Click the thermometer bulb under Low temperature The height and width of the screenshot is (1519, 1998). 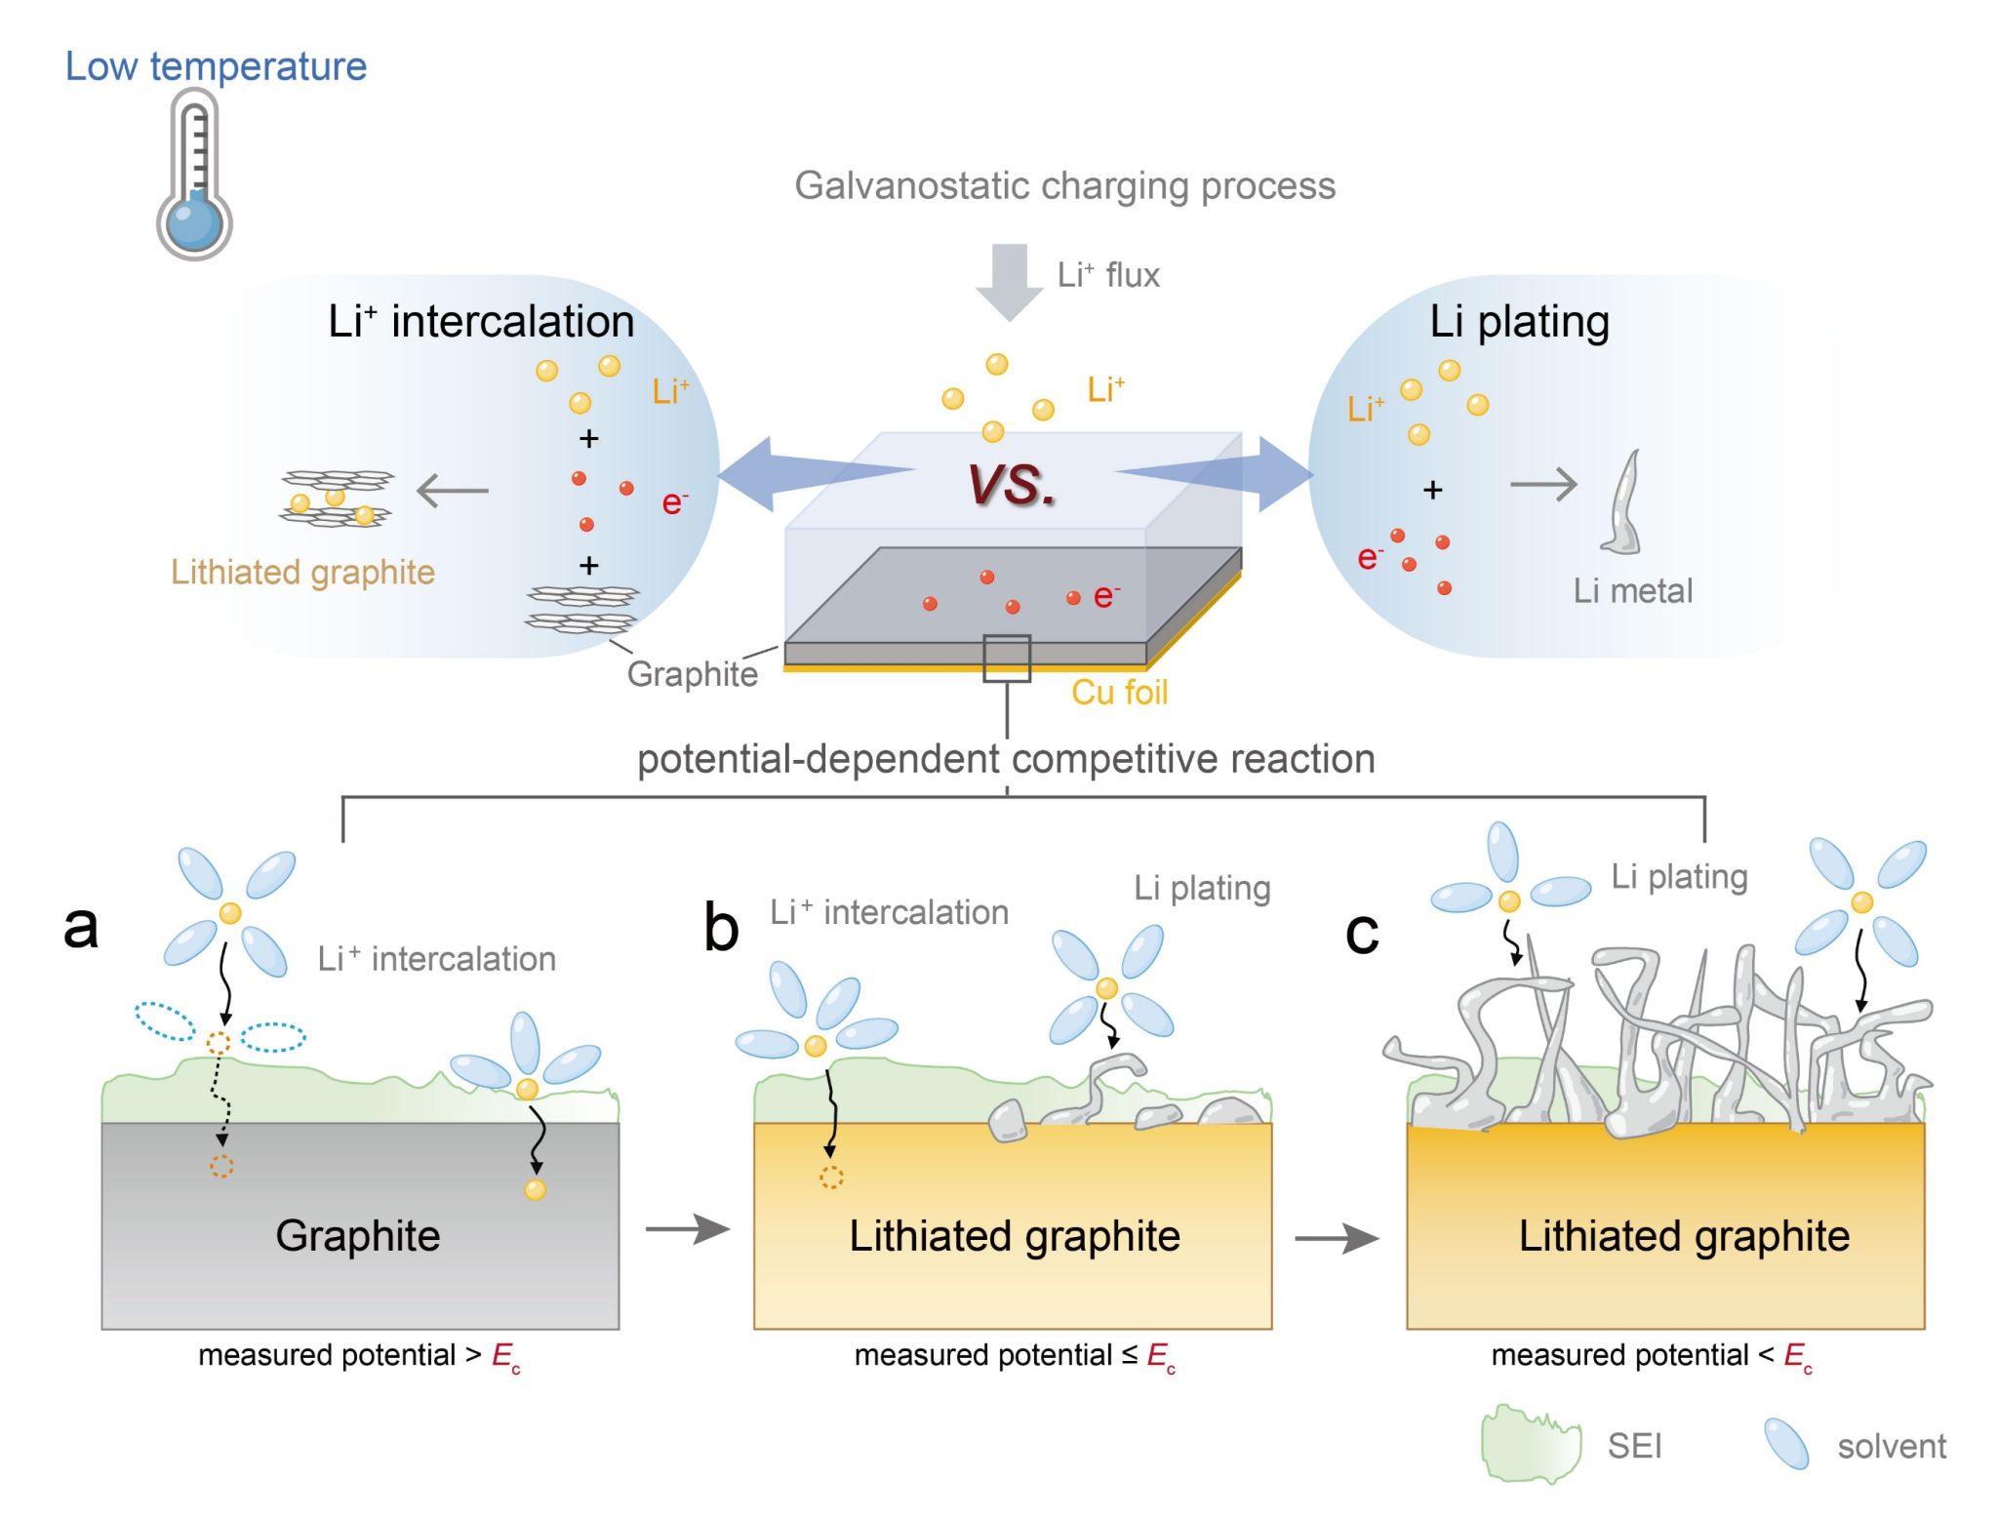coord(194,222)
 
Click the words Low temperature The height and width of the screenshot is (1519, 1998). coord(216,66)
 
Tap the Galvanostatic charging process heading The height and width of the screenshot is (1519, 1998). coord(1064,185)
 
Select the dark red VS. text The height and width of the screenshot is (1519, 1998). coord(1012,484)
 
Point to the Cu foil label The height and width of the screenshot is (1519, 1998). coord(1119,692)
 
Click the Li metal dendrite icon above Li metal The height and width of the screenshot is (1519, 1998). coord(1622,503)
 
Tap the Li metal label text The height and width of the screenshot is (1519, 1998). coord(1632,590)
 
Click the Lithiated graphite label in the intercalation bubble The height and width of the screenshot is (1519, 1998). coord(302,572)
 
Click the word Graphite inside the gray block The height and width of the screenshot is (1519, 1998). coord(358,1235)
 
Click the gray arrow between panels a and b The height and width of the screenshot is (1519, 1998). coord(688,1229)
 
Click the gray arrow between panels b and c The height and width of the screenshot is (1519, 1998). coord(1337,1238)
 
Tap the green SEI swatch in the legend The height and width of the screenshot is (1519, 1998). coord(1530,1445)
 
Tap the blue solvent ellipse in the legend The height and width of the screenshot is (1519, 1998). coord(1786,1444)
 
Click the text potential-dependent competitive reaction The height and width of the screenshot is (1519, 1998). coord(1006,759)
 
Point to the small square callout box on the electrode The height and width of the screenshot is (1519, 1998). coord(1007,659)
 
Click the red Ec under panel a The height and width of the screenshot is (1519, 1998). coord(505,1356)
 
